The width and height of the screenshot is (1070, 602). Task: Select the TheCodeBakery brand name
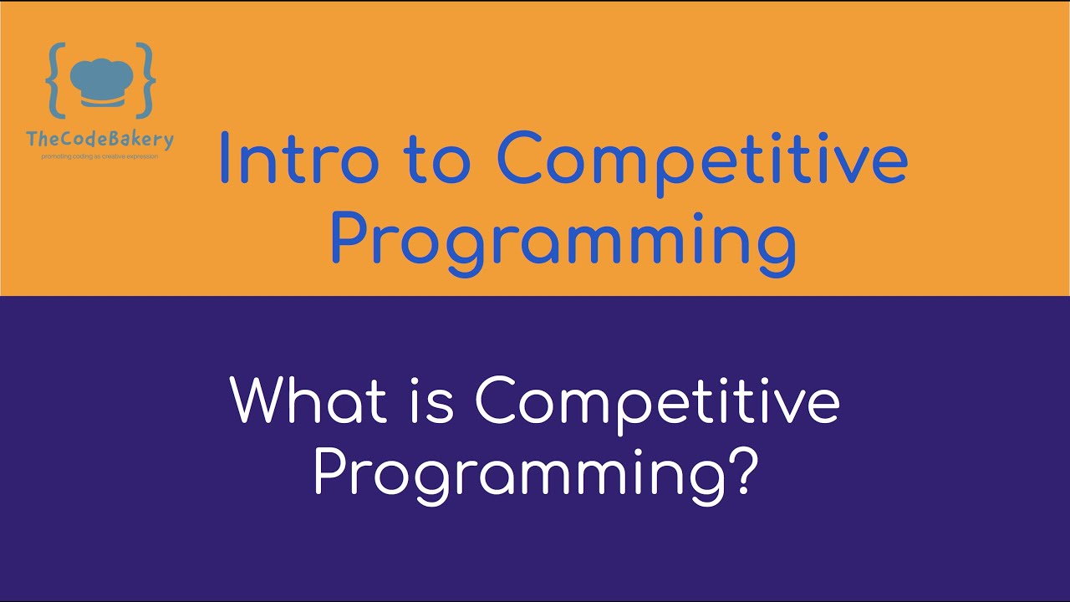[x=100, y=139]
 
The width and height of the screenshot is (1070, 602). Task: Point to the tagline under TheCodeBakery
[x=100, y=156]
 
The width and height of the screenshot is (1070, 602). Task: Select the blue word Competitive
[x=701, y=161]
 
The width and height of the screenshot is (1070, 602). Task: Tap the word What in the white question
[x=308, y=401]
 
